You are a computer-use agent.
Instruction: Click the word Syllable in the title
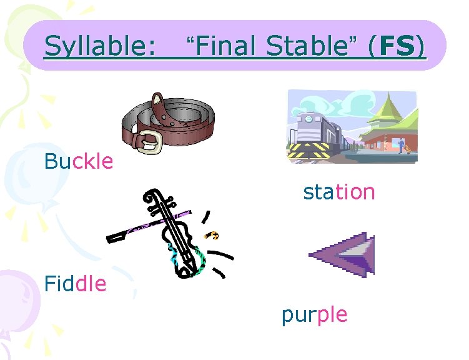[x=100, y=46]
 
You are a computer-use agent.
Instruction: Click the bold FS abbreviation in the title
[x=397, y=46]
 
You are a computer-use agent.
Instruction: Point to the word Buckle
[x=79, y=162]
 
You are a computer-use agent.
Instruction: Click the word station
[x=339, y=192]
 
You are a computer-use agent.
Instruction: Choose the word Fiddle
[x=75, y=284]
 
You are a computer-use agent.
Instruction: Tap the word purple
[x=314, y=314]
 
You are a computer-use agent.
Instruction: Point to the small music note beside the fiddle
[x=214, y=235]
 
